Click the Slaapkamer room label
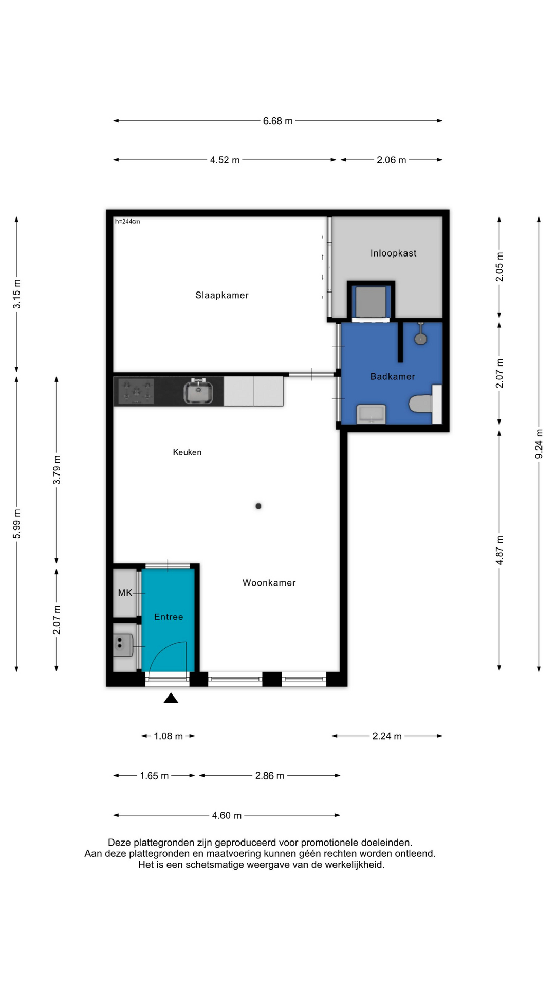point(222,295)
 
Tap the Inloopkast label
point(394,253)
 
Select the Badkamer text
point(393,376)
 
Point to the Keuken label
point(187,452)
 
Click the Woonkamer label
point(269,582)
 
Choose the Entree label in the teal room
point(169,617)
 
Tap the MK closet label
point(125,593)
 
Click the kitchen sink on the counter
point(198,392)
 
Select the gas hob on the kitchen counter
point(136,391)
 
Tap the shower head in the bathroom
point(421,337)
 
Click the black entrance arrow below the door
point(171,698)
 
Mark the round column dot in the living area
point(258,506)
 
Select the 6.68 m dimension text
point(277,121)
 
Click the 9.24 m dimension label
point(539,444)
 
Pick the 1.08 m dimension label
point(168,736)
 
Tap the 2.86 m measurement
point(270,776)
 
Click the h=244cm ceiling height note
point(127,222)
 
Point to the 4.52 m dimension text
point(225,160)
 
